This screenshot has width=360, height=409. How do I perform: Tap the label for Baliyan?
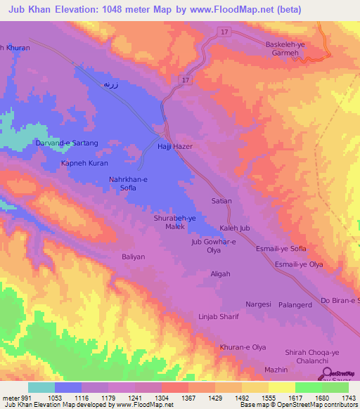point(133,257)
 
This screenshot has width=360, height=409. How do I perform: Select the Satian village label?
point(221,201)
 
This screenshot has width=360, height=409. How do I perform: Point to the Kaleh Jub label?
point(235,228)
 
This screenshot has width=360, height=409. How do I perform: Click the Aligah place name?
point(220,274)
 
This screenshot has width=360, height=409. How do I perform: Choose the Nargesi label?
point(258,305)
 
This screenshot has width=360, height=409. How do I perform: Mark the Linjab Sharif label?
point(219,317)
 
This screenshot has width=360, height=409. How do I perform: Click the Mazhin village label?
point(276,369)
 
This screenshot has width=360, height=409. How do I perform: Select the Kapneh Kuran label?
point(84,162)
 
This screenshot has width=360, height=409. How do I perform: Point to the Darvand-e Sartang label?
point(67,143)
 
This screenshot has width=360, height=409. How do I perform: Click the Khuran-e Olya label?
point(243,347)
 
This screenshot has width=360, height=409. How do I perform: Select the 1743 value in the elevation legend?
point(348,398)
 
